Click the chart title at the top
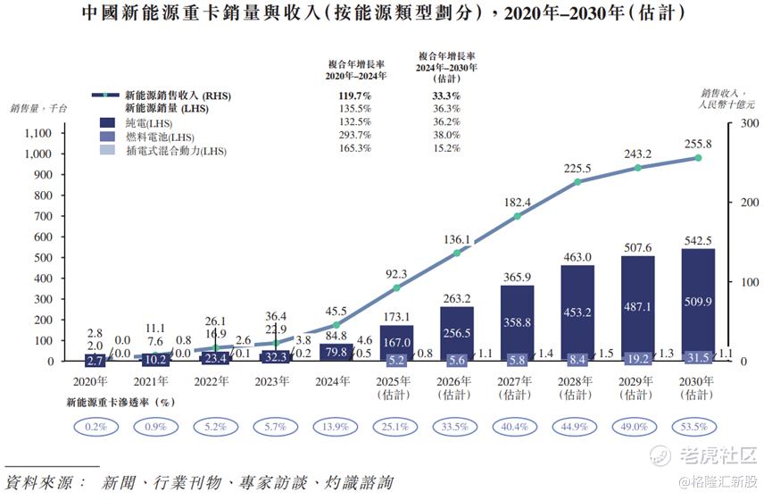pyautogui.click(x=386, y=15)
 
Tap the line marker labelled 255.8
pyautogui.click(x=699, y=158)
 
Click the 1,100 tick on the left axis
pyautogui.click(x=41, y=133)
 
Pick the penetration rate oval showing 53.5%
pyautogui.click(x=698, y=427)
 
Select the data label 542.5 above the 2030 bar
pyautogui.click(x=698, y=240)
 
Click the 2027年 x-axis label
pyautogui.click(x=517, y=381)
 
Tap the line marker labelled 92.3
pyautogui.click(x=396, y=288)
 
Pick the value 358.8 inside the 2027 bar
pyautogui.click(x=517, y=321)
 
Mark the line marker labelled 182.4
pyautogui.click(x=517, y=216)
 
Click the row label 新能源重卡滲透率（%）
pyautogui.click(x=120, y=402)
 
